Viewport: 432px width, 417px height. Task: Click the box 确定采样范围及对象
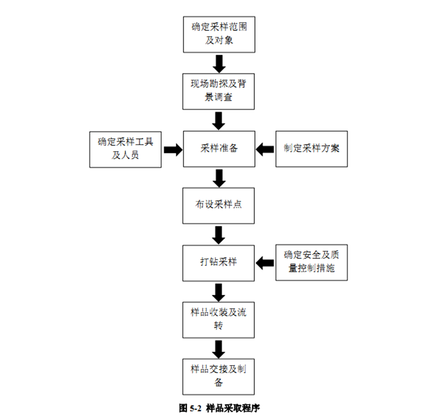(x=219, y=34)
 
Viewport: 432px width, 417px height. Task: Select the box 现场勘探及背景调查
(x=219, y=91)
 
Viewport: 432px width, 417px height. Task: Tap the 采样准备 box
(x=219, y=149)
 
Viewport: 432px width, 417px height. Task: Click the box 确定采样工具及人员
(x=125, y=149)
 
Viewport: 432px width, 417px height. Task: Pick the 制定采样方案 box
(x=312, y=149)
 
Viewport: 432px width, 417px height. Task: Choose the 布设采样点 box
(x=219, y=205)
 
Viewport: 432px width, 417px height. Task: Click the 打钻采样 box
(x=219, y=262)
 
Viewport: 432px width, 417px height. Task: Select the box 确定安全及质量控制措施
(x=312, y=262)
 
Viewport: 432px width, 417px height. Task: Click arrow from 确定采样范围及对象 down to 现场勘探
(x=219, y=62)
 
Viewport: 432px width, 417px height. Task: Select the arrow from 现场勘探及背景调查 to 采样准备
(x=219, y=120)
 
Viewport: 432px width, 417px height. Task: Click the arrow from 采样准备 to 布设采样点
(x=219, y=177)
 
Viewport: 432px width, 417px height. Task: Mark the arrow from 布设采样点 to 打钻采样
(x=219, y=234)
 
